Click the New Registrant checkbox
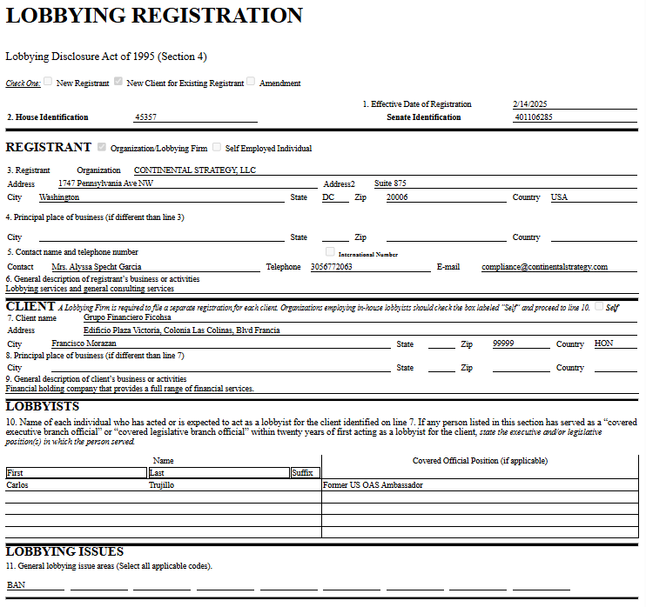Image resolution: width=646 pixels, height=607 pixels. (x=49, y=82)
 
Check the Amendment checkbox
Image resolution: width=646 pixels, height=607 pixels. (x=251, y=82)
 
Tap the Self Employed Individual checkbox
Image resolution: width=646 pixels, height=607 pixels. (x=217, y=147)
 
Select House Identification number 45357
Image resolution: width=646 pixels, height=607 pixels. (x=146, y=117)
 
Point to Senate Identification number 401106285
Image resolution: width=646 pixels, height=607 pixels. (x=534, y=117)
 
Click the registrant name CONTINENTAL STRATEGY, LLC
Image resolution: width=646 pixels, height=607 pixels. (x=195, y=170)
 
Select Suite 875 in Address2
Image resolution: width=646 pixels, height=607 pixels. (x=390, y=183)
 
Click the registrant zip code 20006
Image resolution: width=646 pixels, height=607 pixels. (x=397, y=197)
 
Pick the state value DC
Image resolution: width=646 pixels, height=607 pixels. (x=328, y=197)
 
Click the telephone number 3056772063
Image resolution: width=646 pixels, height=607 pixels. (x=332, y=267)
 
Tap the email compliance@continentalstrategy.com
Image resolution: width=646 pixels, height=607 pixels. (x=544, y=267)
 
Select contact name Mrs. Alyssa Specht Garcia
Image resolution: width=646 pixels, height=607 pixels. (x=97, y=267)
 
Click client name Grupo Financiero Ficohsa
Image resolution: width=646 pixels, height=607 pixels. (x=127, y=317)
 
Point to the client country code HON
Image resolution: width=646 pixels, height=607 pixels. (x=603, y=344)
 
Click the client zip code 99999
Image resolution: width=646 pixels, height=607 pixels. (x=503, y=344)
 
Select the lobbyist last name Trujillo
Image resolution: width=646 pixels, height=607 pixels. (x=163, y=485)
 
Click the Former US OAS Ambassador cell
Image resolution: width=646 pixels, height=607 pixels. (x=373, y=485)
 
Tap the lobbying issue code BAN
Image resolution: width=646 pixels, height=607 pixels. (x=16, y=585)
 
